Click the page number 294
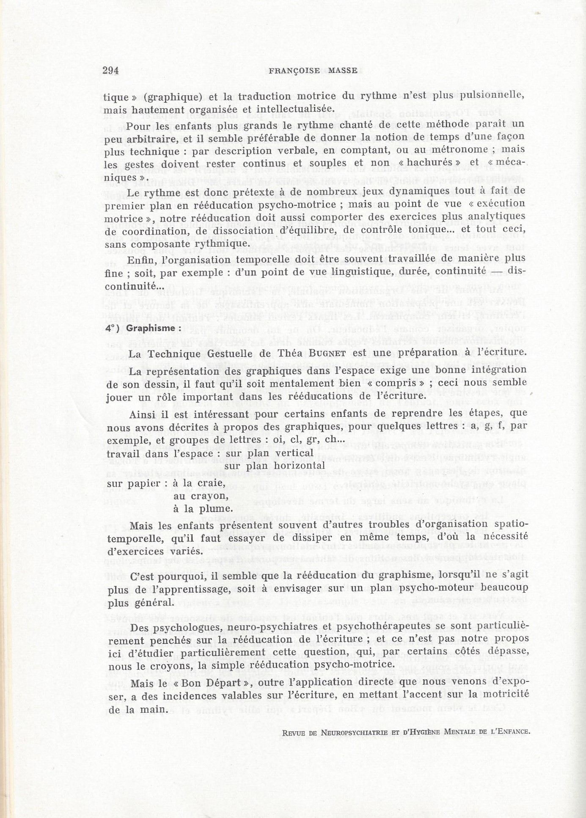click(110, 71)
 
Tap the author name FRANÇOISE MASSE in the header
click(313, 71)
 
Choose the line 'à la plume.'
click(203, 509)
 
